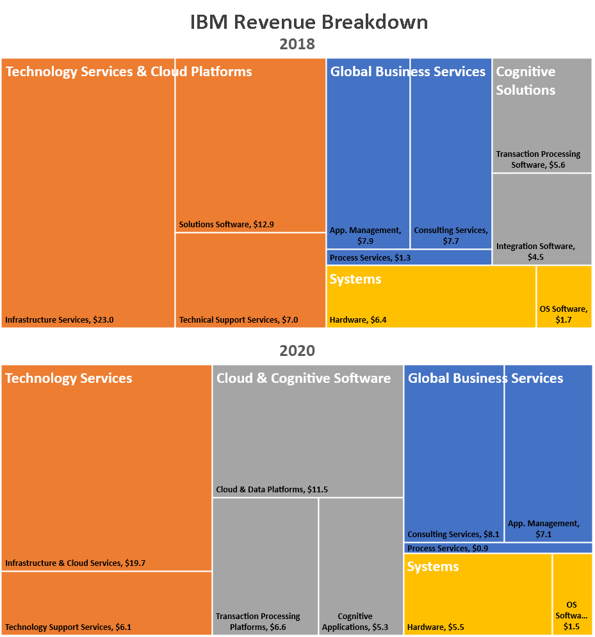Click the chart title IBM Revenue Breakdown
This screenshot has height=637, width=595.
[x=309, y=22]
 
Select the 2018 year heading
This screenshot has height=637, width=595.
[x=297, y=44]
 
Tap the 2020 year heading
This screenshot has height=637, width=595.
[x=297, y=351]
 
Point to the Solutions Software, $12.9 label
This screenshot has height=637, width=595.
[x=227, y=225]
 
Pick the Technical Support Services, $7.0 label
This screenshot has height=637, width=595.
[x=238, y=319]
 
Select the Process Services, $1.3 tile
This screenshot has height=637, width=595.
[x=409, y=257]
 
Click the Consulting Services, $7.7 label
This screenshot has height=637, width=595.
[x=451, y=235]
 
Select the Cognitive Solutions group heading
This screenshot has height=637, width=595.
[x=526, y=81]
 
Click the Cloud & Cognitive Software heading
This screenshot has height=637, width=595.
[x=304, y=378]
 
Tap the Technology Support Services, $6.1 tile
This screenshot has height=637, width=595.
[x=106, y=603]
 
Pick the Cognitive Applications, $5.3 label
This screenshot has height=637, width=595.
[x=355, y=622]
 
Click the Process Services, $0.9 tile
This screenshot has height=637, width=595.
[x=498, y=548]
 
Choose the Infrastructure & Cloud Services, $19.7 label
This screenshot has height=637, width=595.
[x=76, y=563]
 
